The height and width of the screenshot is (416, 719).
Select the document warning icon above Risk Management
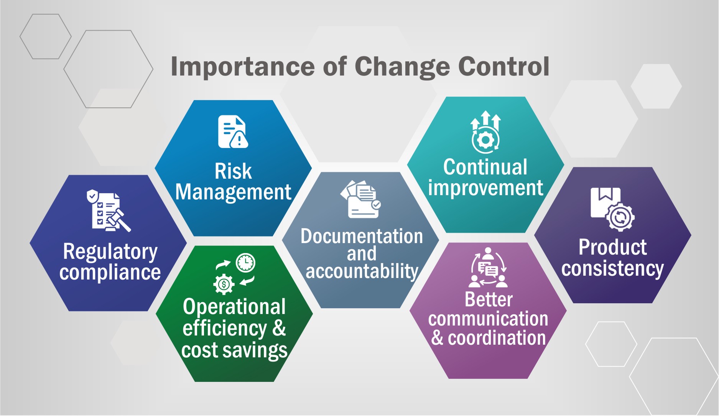tap(233, 132)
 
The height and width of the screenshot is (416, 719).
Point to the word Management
tap(233, 192)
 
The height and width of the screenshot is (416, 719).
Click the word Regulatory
tap(110, 252)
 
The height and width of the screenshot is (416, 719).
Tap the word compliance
tap(110, 273)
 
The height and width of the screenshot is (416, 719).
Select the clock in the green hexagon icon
tap(245, 263)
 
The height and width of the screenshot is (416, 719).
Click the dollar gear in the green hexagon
tap(224, 284)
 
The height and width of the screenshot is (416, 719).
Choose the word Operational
tap(234, 307)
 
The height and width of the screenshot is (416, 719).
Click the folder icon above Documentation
tap(360, 200)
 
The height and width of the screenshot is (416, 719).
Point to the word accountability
tap(362, 271)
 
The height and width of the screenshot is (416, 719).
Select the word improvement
tap(485, 188)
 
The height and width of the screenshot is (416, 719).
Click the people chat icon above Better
tap(488, 268)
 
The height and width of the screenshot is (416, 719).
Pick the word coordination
tap(497, 338)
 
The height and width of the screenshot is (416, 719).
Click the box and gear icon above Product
tap(612, 209)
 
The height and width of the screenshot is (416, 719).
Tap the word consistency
tap(612, 268)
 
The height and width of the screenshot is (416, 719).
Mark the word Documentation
tap(362, 236)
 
